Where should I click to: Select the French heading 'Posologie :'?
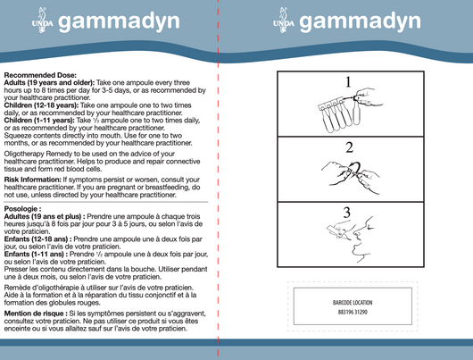tap(23, 208)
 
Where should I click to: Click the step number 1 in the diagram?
tap(347, 82)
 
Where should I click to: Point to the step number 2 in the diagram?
tap(349, 146)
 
